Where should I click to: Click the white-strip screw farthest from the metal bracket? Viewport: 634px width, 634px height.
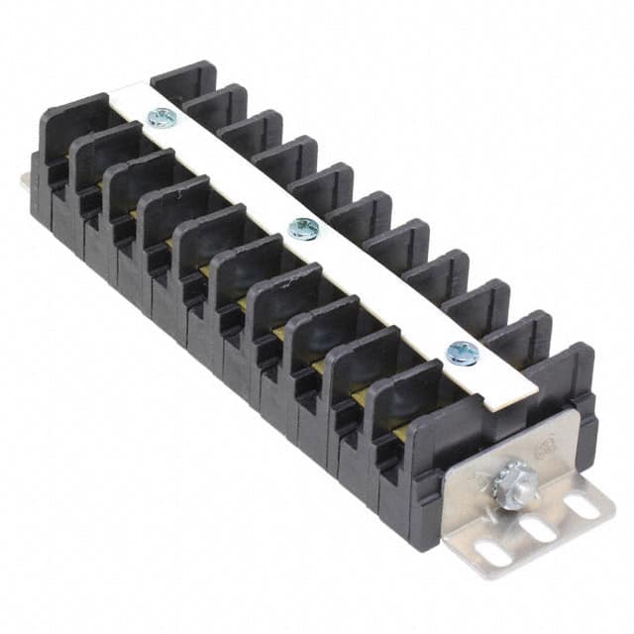click(161, 118)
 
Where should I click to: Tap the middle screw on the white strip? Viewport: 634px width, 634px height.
click(302, 229)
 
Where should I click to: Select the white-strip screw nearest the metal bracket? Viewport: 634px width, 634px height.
click(462, 351)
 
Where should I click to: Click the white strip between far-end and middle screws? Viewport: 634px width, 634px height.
click(233, 174)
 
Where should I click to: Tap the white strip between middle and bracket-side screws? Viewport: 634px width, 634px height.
click(381, 289)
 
